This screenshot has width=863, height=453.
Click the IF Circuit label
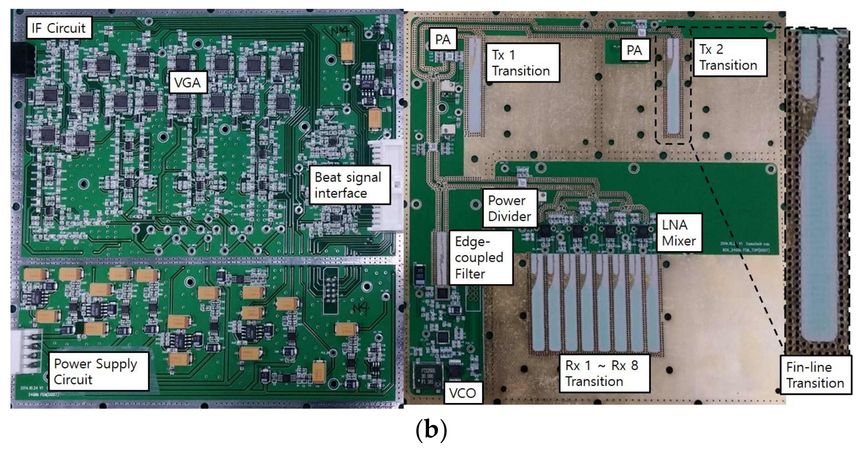click(x=59, y=28)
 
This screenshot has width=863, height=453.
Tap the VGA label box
click(x=188, y=82)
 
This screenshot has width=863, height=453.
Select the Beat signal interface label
click(x=349, y=185)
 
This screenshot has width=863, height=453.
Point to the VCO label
click(x=463, y=393)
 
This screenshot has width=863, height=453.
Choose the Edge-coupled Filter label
click(x=480, y=257)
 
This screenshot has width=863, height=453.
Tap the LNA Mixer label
click(x=678, y=233)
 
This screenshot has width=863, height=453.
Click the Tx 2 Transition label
click(x=729, y=57)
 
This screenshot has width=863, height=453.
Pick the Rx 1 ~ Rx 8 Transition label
click(x=603, y=373)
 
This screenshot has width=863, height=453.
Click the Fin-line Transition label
click(x=815, y=375)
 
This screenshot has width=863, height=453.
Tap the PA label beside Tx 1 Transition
click(x=443, y=40)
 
